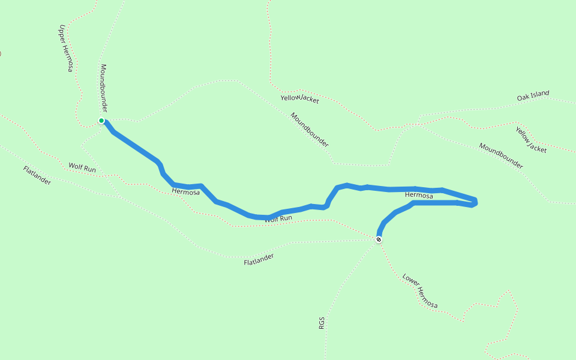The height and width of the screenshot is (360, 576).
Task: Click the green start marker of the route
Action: click(x=102, y=121)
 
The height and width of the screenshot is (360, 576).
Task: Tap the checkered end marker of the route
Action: click(x=379, y=239)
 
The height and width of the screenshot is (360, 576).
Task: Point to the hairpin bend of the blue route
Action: click(x=475, y=202)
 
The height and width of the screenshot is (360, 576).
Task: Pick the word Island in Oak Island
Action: click(x=541, y=94)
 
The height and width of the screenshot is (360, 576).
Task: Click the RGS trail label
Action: click(x=322, y=323)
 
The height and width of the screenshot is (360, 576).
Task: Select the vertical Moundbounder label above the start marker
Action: click(x=104, y=88)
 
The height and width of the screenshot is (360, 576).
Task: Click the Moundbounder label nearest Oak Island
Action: click(x=501, y=156)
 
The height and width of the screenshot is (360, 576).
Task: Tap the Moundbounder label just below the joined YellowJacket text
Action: click(x=310, y=130)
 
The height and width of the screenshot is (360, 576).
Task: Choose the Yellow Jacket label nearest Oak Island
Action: click(x=531, y=139)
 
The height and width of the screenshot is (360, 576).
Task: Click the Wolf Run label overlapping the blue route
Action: click(x=278, y=219)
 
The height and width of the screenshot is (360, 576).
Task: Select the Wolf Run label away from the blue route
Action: click(x=82, y=168)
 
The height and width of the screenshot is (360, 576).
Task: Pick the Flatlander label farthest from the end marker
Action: click(x=37, y=175)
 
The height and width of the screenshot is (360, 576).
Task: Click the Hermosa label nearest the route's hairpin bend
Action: click(x=419, y=195)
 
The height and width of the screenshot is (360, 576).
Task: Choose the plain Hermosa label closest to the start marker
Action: click(x=185, y=192)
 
